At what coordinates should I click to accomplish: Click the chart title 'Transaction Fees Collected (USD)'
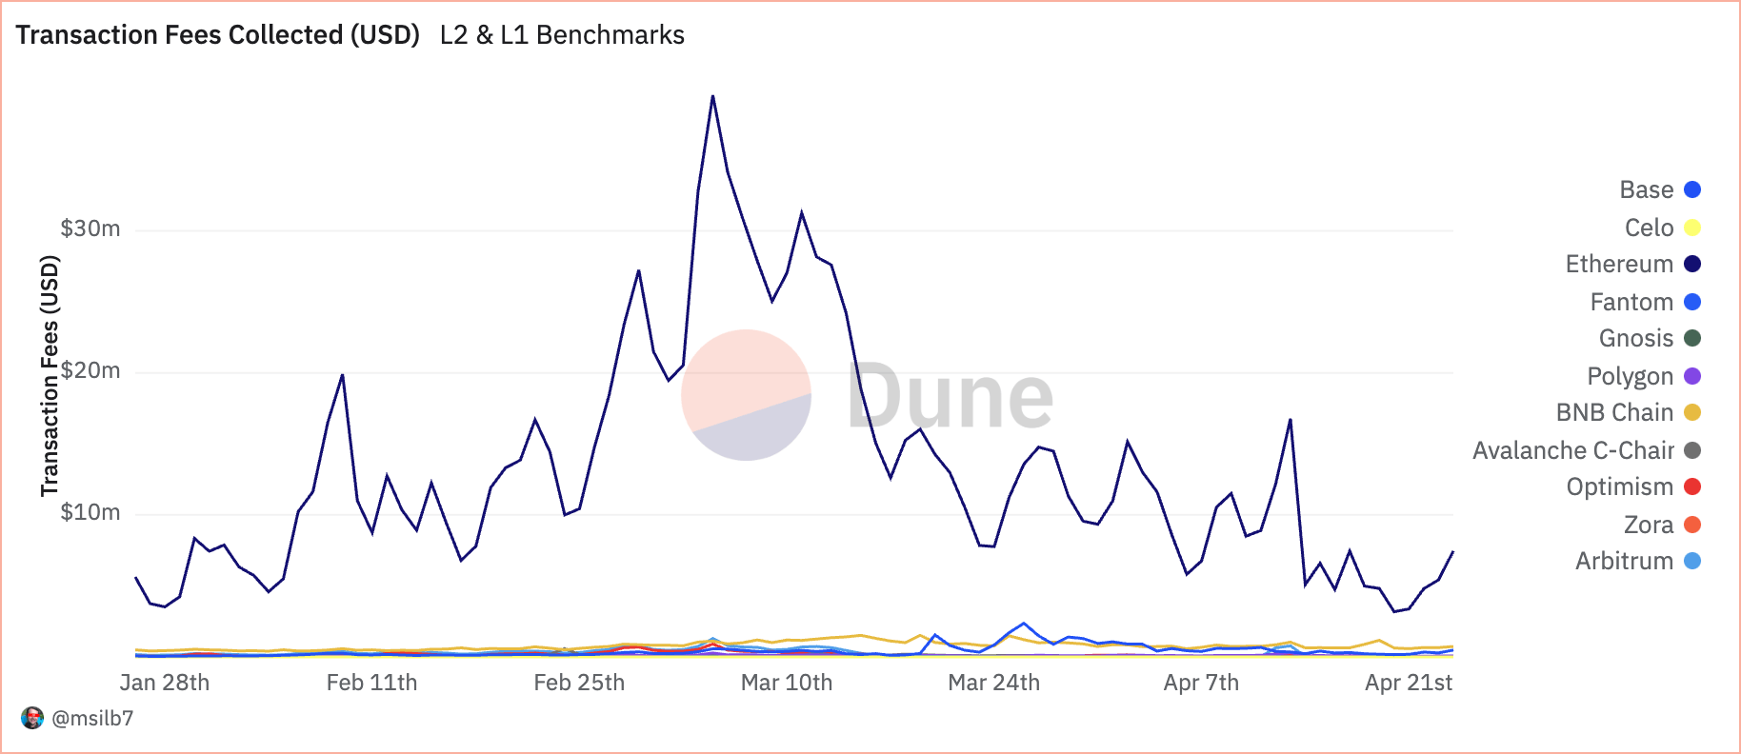217,35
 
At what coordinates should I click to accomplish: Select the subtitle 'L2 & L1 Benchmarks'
562,35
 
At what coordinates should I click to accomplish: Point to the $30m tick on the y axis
90,228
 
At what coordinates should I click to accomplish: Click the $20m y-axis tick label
90,370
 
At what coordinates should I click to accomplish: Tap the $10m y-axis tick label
90,512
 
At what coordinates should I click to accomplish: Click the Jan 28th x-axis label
165,683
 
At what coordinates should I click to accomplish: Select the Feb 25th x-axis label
579,683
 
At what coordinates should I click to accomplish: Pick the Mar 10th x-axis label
787,683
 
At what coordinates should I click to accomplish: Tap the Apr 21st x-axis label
1409,683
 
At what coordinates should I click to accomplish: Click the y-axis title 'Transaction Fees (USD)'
50,376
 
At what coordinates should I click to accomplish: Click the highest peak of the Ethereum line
712,96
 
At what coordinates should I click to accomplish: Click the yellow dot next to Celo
1692,228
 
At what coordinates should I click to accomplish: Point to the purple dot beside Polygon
1692,376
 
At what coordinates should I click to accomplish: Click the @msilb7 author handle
92,718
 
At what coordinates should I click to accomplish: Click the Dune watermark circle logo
746,395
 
